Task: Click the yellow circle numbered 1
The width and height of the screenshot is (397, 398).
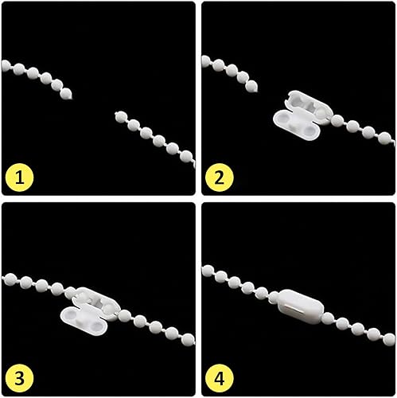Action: pyautogui.click(x=19, y=178)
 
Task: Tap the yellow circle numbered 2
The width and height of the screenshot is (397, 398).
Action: pyautogui.click(x=220, y=178)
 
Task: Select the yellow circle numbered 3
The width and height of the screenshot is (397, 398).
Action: pyautogui.click(x=19, y=378)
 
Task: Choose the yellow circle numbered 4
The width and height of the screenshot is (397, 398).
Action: pyautogui.click(x=220, y=378)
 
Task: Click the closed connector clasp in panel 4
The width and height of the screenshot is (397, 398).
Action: pyautogui.click(x=301, y=306)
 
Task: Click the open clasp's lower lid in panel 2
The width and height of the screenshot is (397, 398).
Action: pyautogui.click(x=296, y=125)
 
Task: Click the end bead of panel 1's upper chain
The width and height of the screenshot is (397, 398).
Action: pyautogui.click(x=66, y=93)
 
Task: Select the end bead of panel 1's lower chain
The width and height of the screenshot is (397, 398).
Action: pyautogui.click(x=121, y=117)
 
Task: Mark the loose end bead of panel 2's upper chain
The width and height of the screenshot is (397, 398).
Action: pyautogui.click(x=251, y=86)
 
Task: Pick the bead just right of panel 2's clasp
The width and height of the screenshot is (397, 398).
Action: pyautogui.click(x=337, y=121)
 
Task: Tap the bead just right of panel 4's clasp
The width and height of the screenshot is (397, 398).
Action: pyautogui.click(x=328, y=318)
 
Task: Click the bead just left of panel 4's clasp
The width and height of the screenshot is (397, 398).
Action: pyautogui.click(x=274, y=297)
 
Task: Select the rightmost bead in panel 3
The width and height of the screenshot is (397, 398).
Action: pyautogui.click(x=189, y=339)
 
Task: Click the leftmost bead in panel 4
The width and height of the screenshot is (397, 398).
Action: pyautogui.click(x=208, y=271)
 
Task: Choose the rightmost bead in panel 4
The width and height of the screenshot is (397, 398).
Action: pyautogui.click(x=389, y=340)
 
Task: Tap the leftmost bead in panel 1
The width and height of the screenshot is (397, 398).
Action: pyautogui.click(x=6, y=66)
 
